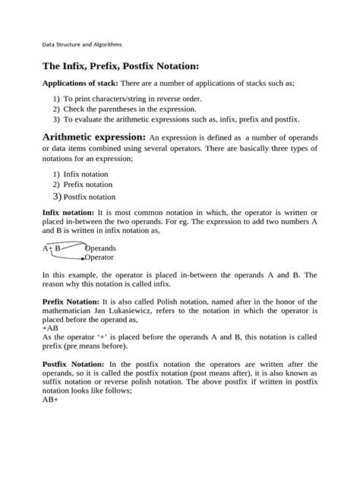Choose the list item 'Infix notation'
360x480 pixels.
click(x=87, y=174)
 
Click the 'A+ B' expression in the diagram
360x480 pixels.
click(x=52, y=248)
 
